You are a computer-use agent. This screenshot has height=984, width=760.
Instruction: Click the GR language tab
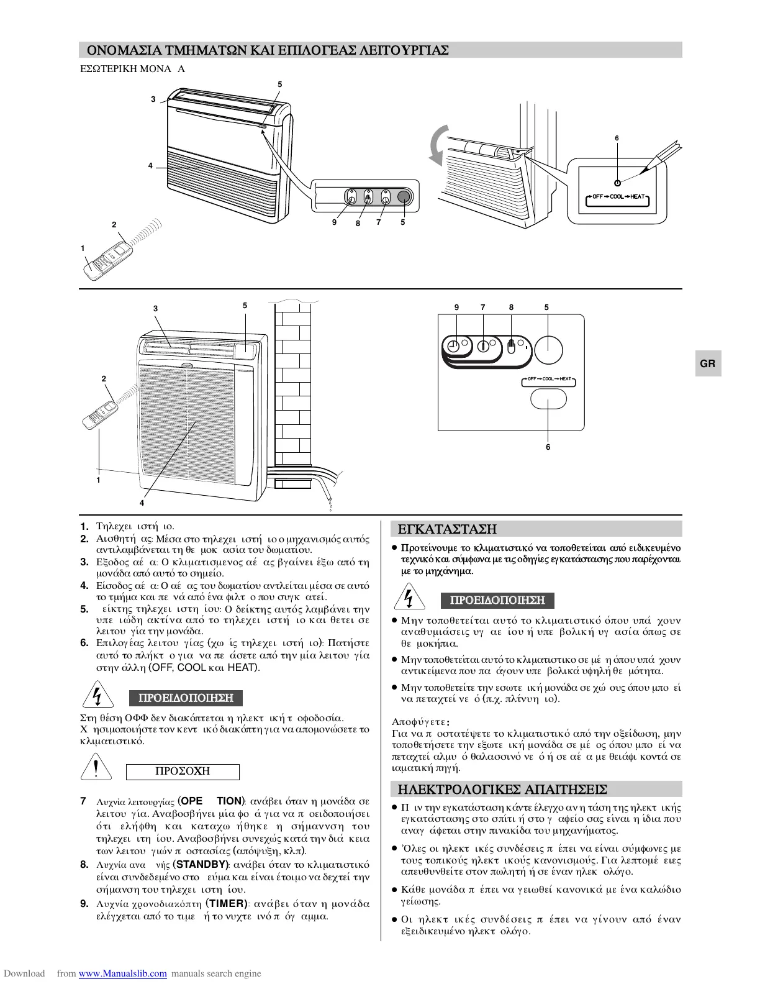708,364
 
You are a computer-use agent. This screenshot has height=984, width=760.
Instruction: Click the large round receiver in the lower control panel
550,350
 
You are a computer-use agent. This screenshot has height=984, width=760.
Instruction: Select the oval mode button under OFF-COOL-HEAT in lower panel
549,398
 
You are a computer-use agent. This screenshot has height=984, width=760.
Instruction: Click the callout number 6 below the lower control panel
548,447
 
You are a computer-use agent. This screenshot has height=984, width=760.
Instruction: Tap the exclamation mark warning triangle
96,770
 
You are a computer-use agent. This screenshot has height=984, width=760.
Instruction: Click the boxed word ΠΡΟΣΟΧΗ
183,772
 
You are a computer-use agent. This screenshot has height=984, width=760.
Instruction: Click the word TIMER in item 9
228,904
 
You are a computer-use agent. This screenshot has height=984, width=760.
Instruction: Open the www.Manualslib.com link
123,973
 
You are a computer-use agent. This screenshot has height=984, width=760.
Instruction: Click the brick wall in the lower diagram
296,385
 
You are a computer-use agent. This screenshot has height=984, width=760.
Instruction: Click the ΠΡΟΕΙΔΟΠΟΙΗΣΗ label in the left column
186,698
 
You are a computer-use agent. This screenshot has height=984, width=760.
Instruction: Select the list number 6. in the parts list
85,643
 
